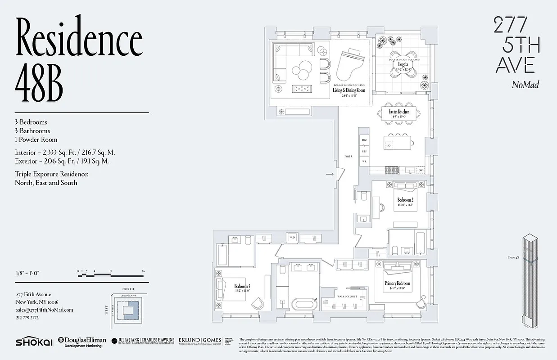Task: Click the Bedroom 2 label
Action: (x=405, y=200)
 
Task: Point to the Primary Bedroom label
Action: (x=397, y=283)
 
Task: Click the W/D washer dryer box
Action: (x=292, y=237)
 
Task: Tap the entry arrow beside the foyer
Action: (x=330, y=174)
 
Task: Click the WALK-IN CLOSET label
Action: (x=347, y=297)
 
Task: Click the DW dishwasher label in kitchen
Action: (x=421, y=171)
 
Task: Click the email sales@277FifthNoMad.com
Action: (x=44, y=310)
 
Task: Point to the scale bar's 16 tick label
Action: (x=143, y=271)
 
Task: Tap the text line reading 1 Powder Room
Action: (x=36, y=139)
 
